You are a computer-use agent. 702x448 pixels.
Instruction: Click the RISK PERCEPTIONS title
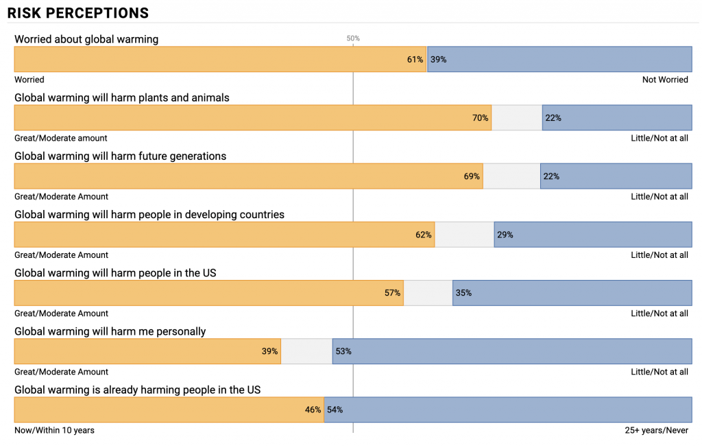78,13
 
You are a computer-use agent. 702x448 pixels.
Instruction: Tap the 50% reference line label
353,38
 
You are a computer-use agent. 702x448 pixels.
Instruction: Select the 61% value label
415,60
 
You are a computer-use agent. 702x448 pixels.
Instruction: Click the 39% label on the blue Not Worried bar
438,60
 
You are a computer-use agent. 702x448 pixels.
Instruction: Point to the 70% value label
480,118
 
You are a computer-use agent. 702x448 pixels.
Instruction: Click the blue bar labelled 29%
593,235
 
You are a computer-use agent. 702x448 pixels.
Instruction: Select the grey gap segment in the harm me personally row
306,351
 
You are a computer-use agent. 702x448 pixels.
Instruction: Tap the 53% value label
343,351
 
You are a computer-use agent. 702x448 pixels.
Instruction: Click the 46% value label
313,410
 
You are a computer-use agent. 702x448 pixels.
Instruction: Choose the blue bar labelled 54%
508,410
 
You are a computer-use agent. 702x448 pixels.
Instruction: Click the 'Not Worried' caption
664,80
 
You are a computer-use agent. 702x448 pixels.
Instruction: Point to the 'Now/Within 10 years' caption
55,430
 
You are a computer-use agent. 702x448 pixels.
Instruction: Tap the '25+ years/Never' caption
656,430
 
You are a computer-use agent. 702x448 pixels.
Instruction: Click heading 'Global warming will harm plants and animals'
122,97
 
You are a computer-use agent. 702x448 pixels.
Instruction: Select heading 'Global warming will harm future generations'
121,156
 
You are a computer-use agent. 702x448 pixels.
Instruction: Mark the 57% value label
392,293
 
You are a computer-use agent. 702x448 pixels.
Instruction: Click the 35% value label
463,293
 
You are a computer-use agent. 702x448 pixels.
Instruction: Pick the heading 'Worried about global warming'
86,39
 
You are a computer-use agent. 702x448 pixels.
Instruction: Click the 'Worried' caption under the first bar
29,80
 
